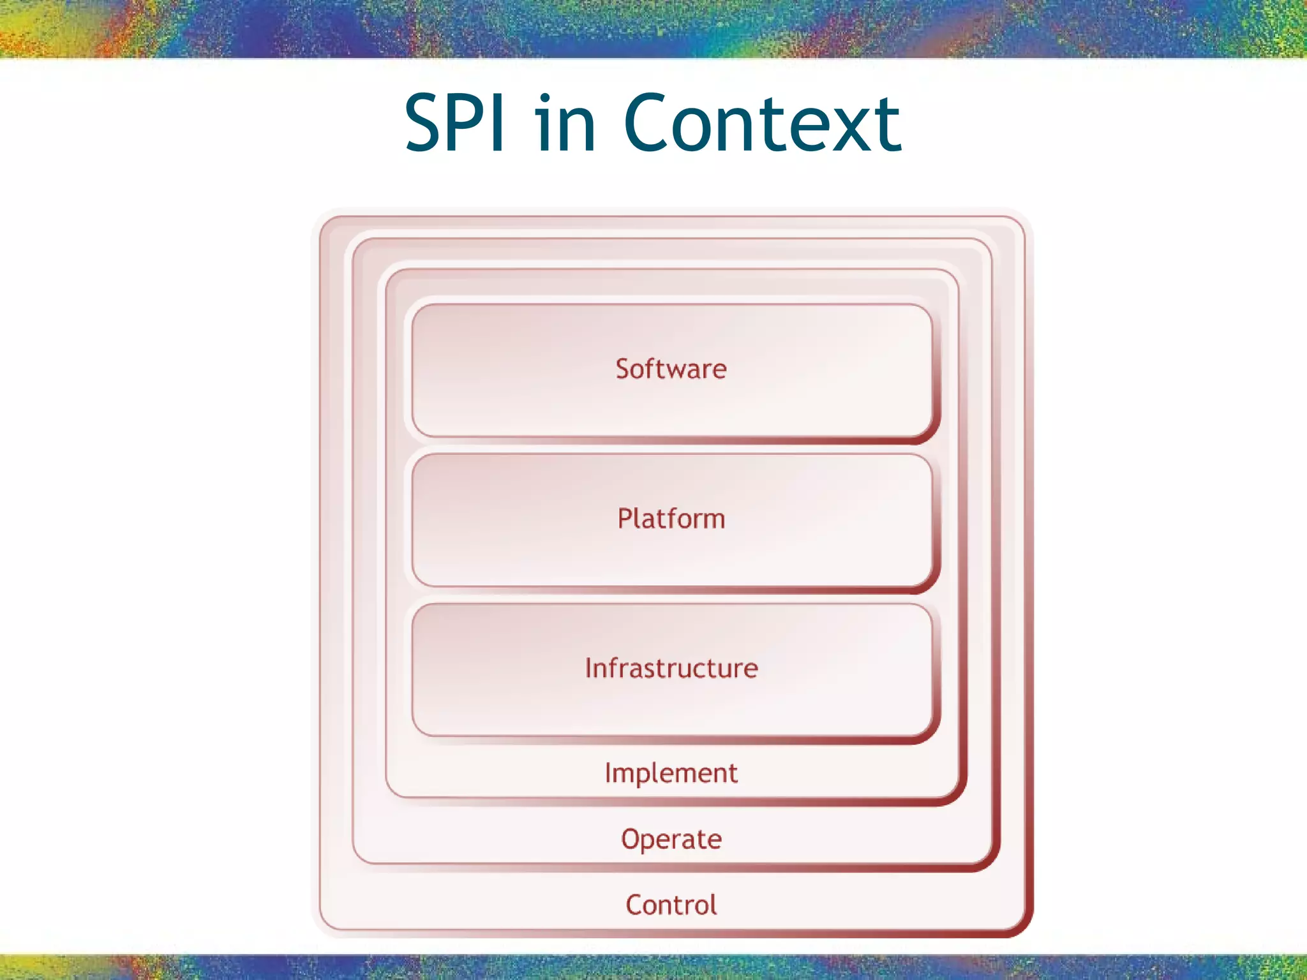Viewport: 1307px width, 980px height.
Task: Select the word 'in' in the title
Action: [x=565, y=124]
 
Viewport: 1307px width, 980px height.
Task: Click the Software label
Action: [x=671, y=369]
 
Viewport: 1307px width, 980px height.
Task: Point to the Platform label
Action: [x=671, y=518]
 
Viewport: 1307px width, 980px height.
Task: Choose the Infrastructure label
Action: [x=671, y=668]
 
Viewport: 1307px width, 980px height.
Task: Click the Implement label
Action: [x=671, y=773]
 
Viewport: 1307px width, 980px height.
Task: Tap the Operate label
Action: [x=671, y=839]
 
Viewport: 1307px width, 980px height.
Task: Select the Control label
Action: [x=671, y=905]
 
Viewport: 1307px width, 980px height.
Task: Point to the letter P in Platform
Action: [x=625, y=518]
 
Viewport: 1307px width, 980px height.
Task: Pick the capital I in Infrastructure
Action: [x=589, y=668]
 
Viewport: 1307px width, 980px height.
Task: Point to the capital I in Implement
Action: [x=608, y=772]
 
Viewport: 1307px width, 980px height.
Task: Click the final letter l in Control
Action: [x=713, y=904]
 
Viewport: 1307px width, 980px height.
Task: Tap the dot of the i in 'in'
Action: [x=544, y=98]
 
